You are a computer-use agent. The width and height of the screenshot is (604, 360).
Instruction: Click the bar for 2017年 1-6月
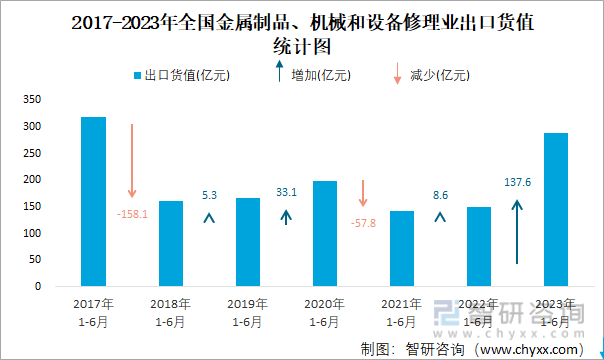(x=93, y=202)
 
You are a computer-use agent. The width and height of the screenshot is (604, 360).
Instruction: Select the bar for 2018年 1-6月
(x=171, y=243)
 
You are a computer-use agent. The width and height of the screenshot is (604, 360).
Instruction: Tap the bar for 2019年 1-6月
(x=248, y=242)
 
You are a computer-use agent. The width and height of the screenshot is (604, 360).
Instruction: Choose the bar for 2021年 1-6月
(x=402, y=248)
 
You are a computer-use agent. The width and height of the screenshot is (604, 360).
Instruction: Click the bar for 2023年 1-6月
(x=555, y=209)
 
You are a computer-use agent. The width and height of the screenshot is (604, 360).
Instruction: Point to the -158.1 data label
(x=132, y=214)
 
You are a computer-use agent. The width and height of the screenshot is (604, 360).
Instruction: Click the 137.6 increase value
(x=517, y=182)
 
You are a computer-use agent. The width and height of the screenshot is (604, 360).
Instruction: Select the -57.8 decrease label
(x=364, y=222)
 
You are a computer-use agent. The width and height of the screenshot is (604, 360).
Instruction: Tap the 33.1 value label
(x=286, y=191)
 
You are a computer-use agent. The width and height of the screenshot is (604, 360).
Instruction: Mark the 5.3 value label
(x=209, y=195)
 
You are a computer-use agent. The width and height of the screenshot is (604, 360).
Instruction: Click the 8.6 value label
(x=440, y=195)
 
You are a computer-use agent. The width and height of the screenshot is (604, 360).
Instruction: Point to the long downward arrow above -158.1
(x=132, y=160)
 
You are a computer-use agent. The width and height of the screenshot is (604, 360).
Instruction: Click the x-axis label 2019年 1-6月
(x=248, y=312)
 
